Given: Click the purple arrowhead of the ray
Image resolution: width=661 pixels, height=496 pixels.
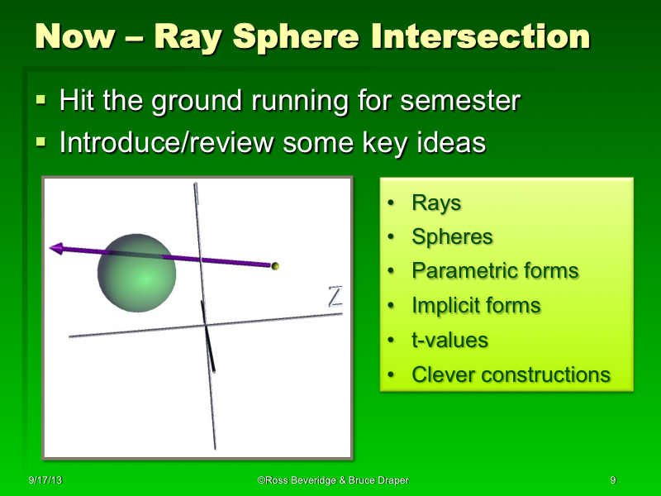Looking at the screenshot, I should tap(58, 248).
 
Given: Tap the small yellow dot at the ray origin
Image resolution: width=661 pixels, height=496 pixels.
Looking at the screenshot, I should tap(276, 266).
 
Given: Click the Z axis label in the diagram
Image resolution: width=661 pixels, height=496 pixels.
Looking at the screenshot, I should tap(335, 297).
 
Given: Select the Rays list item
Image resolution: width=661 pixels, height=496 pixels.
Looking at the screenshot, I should tap(436, 203).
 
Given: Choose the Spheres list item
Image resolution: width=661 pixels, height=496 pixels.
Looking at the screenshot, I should tap(452, 237).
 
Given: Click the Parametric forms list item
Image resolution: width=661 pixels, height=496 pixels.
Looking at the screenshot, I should tap(495, 271).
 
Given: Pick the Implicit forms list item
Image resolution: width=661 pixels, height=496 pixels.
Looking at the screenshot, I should tap(476, 306).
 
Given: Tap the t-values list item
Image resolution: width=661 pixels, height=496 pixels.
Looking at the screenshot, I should tap(449, 340).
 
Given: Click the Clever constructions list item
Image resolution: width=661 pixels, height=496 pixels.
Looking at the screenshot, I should tap(511, 374).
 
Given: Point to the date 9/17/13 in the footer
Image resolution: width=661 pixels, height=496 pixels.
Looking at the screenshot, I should tap(44, 480).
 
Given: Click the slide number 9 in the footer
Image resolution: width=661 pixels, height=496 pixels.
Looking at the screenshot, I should tap(612, 480).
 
